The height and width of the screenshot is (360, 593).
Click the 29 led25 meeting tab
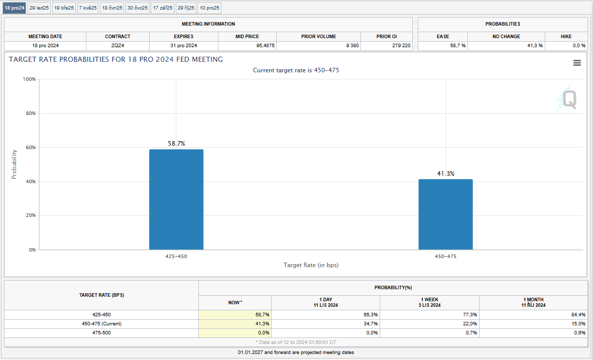point(39,8)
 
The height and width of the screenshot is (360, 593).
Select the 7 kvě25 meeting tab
point(88,8)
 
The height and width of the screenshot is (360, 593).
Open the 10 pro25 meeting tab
point(209,8)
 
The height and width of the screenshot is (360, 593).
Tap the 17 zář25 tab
point(163,8)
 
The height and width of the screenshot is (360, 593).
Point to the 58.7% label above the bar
point(176,144)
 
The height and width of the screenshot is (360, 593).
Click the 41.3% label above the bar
point(445,174)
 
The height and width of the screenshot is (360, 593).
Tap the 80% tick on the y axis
point(30,113)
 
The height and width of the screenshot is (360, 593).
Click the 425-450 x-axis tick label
point(176,257)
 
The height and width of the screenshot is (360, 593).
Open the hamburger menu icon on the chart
point(577,63)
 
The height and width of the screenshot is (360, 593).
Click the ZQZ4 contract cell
point(117,46)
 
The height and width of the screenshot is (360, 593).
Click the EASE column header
point(443,37)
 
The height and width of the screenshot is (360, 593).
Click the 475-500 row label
point(101,333)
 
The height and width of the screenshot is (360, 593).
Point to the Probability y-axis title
point(14,164)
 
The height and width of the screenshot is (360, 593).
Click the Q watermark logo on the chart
point(569,99)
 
